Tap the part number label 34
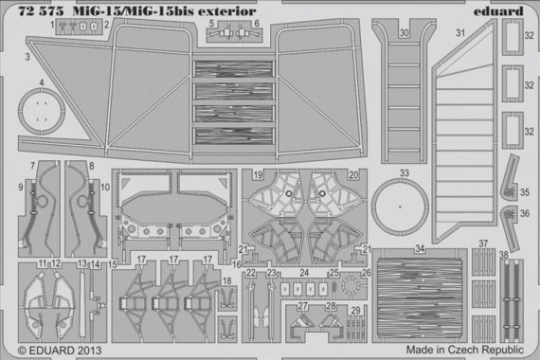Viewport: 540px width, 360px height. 418,249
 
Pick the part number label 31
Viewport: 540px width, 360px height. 461,34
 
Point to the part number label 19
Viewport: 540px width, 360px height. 258,175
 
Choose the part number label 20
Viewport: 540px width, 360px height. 353,175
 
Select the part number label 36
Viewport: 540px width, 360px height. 525,214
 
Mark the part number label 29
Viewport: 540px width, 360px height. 354,310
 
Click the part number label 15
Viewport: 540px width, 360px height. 113,264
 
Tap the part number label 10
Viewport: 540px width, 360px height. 103,189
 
